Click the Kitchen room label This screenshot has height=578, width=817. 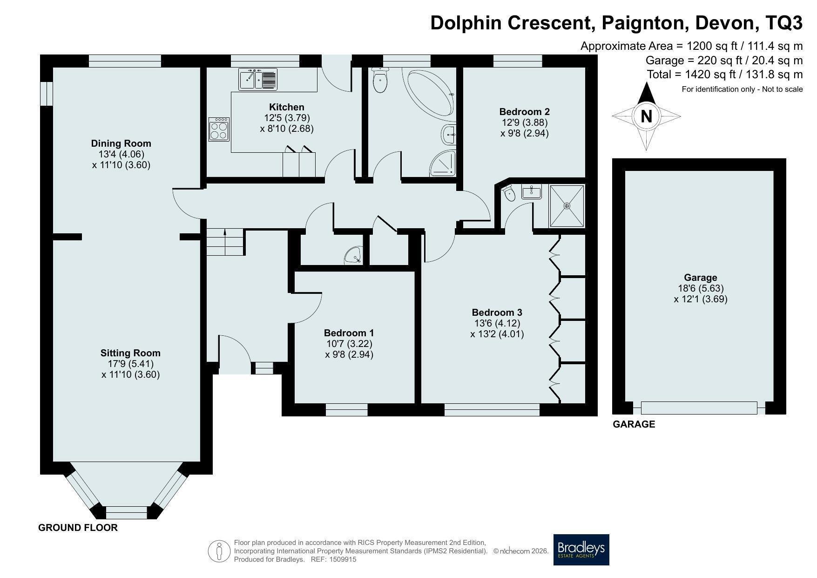(286, 107)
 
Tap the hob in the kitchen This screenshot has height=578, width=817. (219, 129)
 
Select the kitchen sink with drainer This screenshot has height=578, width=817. (258, 79)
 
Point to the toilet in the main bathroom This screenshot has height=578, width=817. (380, 80)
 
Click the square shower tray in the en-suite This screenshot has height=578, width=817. (567, 205)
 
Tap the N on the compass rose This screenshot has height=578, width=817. (646, 116)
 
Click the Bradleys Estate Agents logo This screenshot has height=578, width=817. (581, 550)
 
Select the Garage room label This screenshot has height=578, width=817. (700, 278)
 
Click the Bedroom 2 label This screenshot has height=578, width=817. (524, 112)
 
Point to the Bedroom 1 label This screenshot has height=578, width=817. (349, 333)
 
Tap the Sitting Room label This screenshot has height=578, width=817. (130, 353)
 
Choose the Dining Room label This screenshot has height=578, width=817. (121, 143)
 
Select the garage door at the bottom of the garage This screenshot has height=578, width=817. (699, 408)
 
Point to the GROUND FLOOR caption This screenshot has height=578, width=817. (78, 528)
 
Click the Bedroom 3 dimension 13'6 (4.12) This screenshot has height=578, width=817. (497, 323)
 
